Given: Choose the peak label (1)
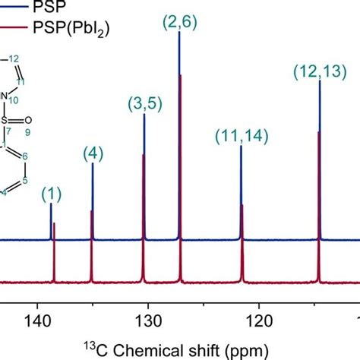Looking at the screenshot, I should (51, 194).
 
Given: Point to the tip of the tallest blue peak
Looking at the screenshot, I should (178, 32).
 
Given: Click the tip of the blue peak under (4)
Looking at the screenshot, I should (93, 164).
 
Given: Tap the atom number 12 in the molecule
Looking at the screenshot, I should (24, 58).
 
